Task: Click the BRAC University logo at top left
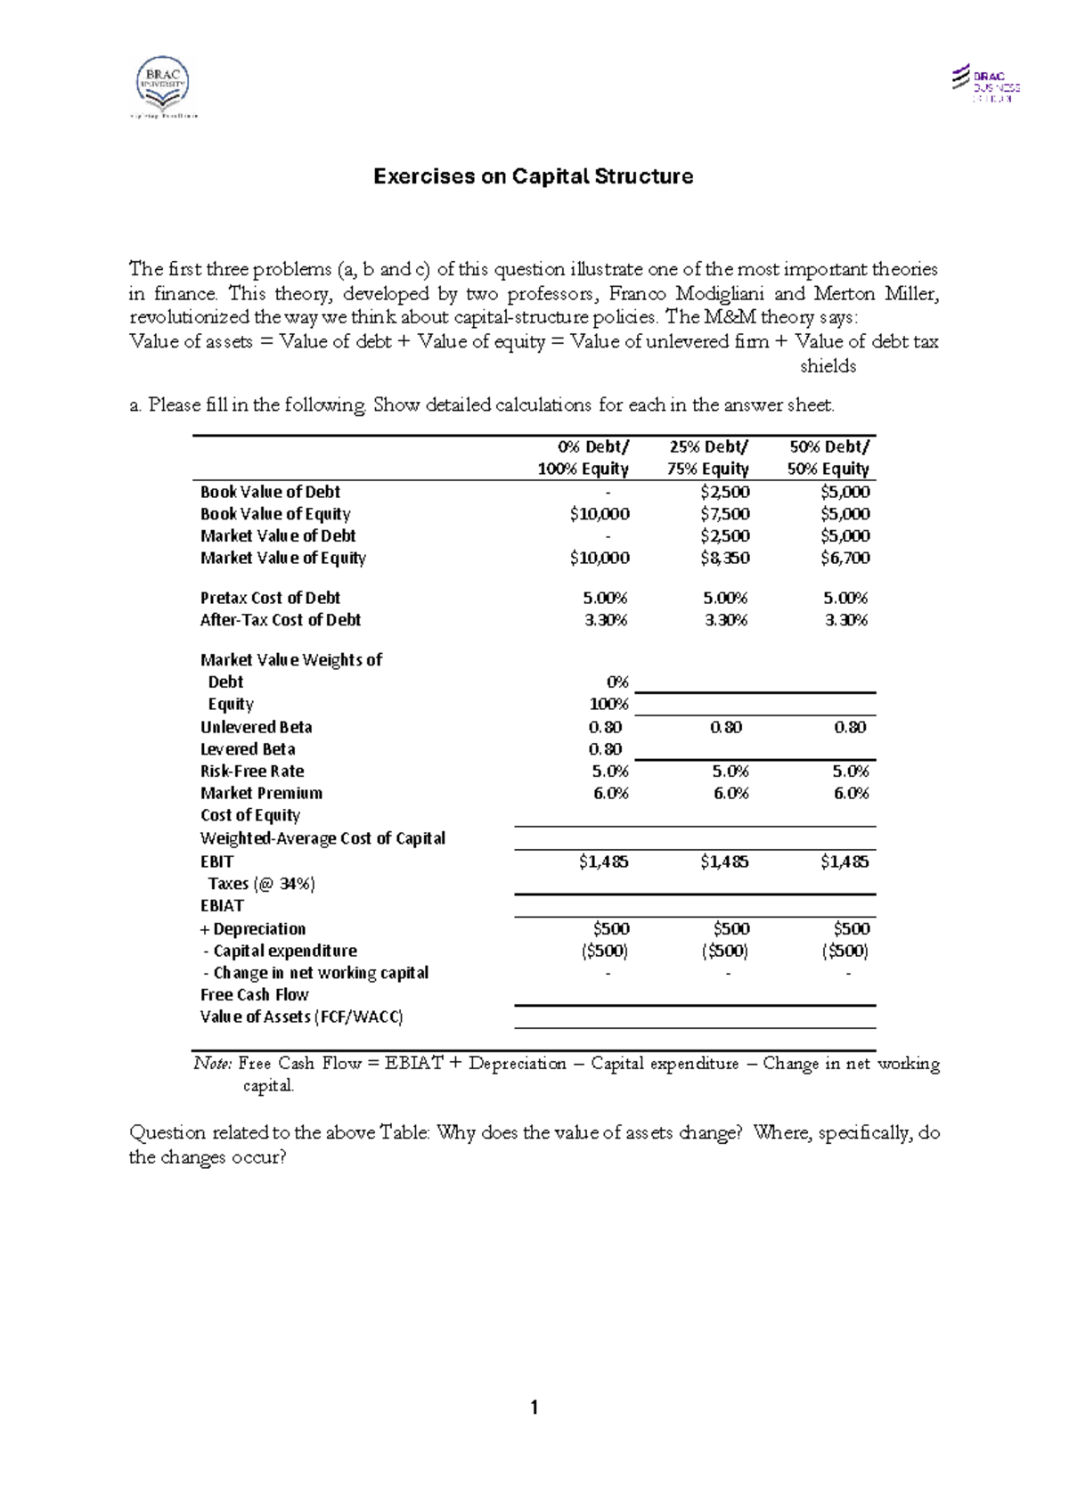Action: [x=162, y=87]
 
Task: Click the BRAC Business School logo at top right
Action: [x=985, y=84]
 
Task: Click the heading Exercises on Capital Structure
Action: [x=533, y=176]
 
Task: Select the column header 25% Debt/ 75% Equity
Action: [x=708, y=458]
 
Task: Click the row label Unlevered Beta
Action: [x=256, y=727]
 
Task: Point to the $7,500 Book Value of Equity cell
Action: [x=724, y=514]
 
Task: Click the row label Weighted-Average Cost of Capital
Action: [x=322, y=838]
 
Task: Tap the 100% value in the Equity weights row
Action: [x=609, y=705]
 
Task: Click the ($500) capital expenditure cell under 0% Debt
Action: [x=604, y=951]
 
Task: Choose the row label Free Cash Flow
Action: [x=254, y=995]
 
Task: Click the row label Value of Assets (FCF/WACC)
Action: [x=301, y=1017]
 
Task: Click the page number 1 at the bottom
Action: [x=534, y=1409]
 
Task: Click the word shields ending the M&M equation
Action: [x=828, y=366]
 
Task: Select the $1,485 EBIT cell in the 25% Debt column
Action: [x=724, y=862]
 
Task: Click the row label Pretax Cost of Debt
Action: [x=270, y=598]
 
